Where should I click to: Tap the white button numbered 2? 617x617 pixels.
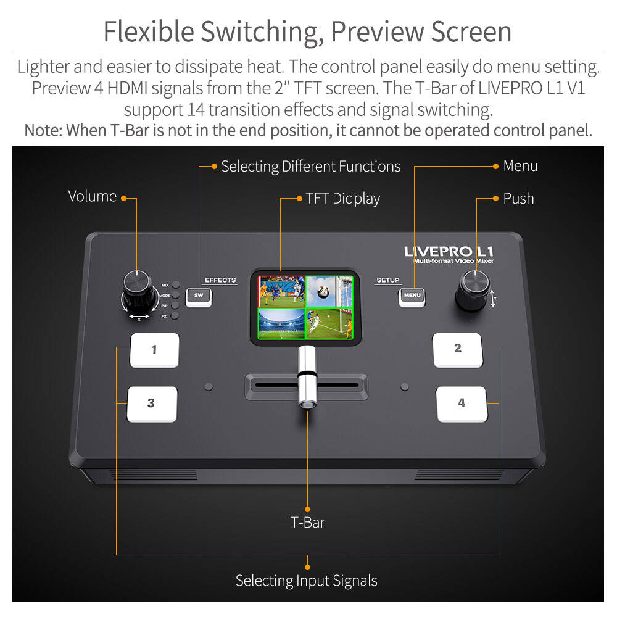pos(457,349)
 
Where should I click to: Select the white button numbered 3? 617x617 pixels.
pos(152,404)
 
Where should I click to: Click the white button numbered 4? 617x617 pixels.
pos(462,404)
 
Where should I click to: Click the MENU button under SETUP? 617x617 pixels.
pos(412,296)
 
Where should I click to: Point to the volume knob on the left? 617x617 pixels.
pos(138,290)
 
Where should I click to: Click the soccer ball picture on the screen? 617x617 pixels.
pos(329,291)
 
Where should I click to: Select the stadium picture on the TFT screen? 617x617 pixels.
pos(281,323)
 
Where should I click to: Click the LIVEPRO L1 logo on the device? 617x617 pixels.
pos(449,251)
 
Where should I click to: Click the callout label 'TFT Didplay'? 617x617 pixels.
pos(342,199)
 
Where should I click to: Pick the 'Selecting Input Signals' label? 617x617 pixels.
pos(306,581)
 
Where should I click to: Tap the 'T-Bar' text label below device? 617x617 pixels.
pos(307,523)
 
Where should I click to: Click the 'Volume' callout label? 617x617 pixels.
pos(93,196)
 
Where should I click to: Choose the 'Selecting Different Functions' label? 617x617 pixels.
pos(310,167)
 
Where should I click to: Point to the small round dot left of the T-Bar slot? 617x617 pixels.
pos(209,387)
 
